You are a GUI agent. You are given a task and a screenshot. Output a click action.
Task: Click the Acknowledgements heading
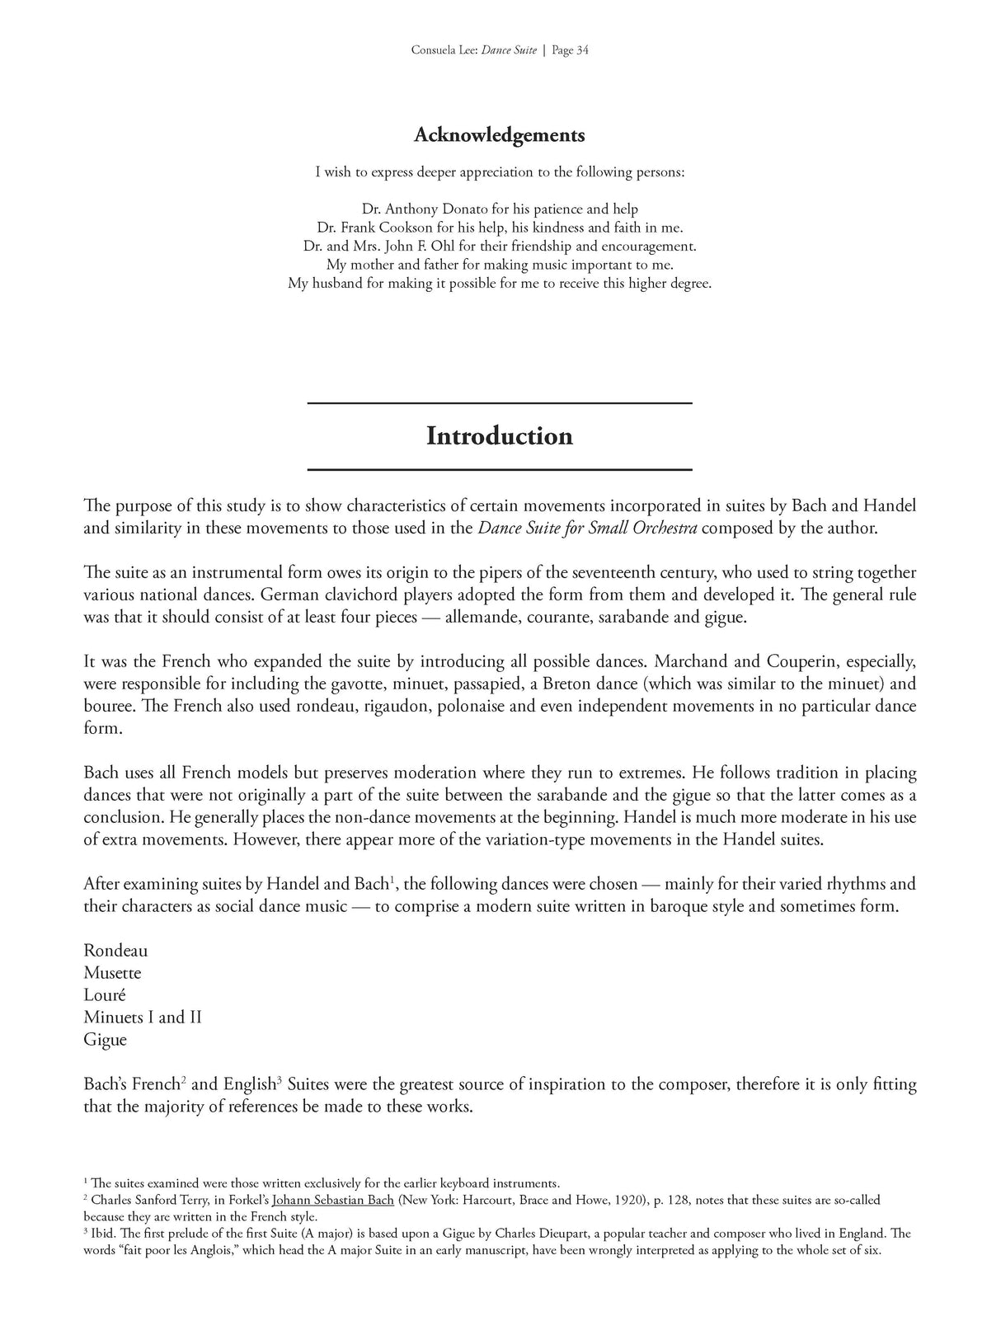[500, 134]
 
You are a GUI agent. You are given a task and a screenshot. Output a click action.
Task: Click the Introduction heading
[500, 435]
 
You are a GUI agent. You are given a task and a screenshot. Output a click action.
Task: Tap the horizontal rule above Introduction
[500, 402]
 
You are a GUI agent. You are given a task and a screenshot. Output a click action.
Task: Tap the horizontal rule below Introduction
[500, 469]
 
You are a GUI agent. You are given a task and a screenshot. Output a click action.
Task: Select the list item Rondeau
[115, 951]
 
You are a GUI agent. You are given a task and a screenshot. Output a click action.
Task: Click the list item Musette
[112, 973]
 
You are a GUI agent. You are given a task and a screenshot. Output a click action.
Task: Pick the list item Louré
[105, 995]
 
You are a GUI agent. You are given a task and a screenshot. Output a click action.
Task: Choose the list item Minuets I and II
[143, 1018]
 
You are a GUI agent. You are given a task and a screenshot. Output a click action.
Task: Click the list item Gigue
[106, 1040]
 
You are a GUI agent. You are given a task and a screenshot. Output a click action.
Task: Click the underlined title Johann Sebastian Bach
[333, 1201]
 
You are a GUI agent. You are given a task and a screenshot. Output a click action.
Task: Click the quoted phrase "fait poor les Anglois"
[190, 1250]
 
